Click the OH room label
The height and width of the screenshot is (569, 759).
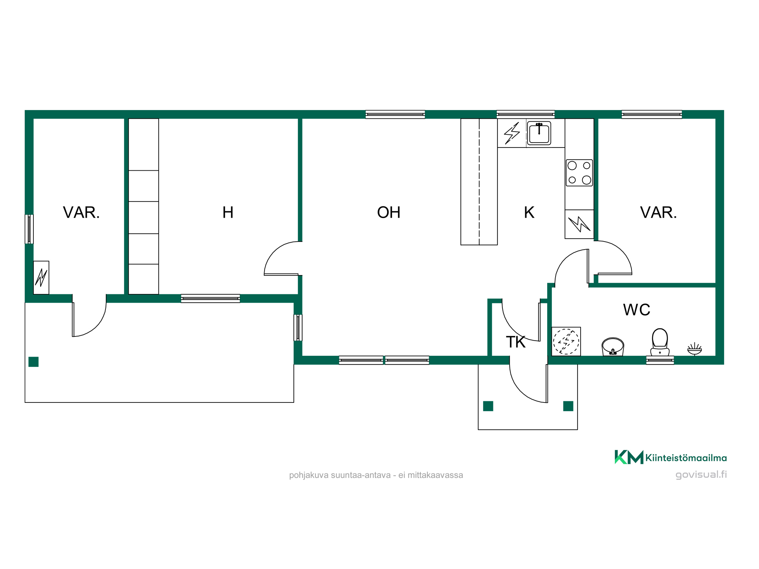tap(389, 212)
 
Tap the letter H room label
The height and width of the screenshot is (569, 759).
tap(228, 212)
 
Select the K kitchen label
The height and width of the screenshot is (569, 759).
tap(529, 212)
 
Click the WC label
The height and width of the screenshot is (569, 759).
tap(636, 310)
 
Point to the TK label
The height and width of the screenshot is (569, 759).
tap(515, 342)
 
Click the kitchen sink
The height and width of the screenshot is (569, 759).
tap(539, 133)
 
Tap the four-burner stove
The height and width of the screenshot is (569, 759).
tap(579, 173)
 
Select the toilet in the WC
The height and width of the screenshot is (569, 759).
tap(660, 342)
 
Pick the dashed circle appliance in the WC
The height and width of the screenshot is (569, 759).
tap(566, 341)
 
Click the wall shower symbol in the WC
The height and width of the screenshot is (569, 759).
tap(694, 349)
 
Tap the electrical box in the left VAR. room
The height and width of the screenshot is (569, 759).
tap(41, 278)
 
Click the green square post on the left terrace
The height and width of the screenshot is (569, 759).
tap(33, 362)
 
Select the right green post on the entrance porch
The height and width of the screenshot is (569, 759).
tap(568, 406)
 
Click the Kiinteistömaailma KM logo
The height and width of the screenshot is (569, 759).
tap(671, 457)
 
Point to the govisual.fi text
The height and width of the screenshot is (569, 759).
tap(701, 475)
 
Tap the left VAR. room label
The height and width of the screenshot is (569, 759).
tap(81, 212)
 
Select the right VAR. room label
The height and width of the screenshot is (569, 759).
tap(658, 212)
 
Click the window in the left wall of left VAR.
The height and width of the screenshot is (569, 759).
tap(29, 229)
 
